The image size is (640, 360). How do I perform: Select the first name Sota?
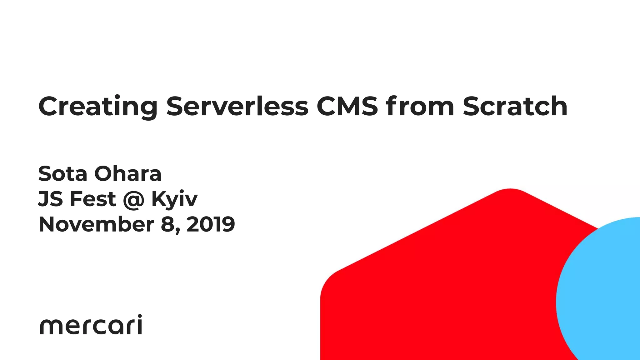click(x=62, y=174)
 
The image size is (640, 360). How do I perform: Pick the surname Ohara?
click(x=128, y=174)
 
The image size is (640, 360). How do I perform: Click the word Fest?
click(x=93, y=199)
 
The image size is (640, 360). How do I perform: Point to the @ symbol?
click(x=134, y=200)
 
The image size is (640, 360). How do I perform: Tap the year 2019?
click(x=211, y=224)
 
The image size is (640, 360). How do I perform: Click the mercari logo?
click(x=91, y=325)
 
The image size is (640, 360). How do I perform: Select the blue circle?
click(x=603, y=297)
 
